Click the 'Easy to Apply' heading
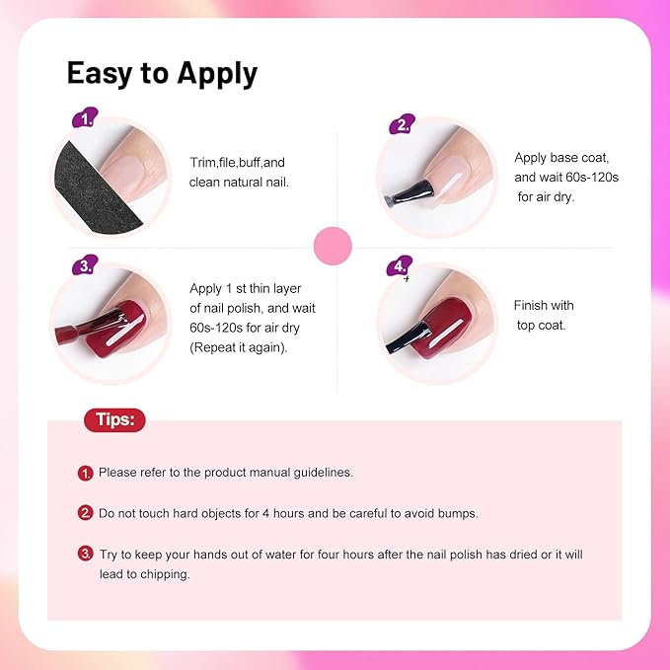pyautogui.click(x=161, y=73)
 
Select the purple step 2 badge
pyautogui.click(x=400, y=124)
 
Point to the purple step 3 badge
pyautogui.click(x=86, y=265)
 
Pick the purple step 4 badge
pyautogui.click(x=400, y=266)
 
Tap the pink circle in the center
pyautogui.click(x=332, y=246)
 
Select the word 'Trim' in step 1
pyautogui.click(x=202, y=162)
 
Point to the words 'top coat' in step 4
pyautogui.click(x=543, y=326)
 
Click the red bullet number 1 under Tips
pyautogui.click(x=86, y=474)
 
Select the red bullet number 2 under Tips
pyautogui.click(x=86, y=514)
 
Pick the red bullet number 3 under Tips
pyautogui.click(x=86, y=555)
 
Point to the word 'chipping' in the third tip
pyautogui.click(x=165, y=574)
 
